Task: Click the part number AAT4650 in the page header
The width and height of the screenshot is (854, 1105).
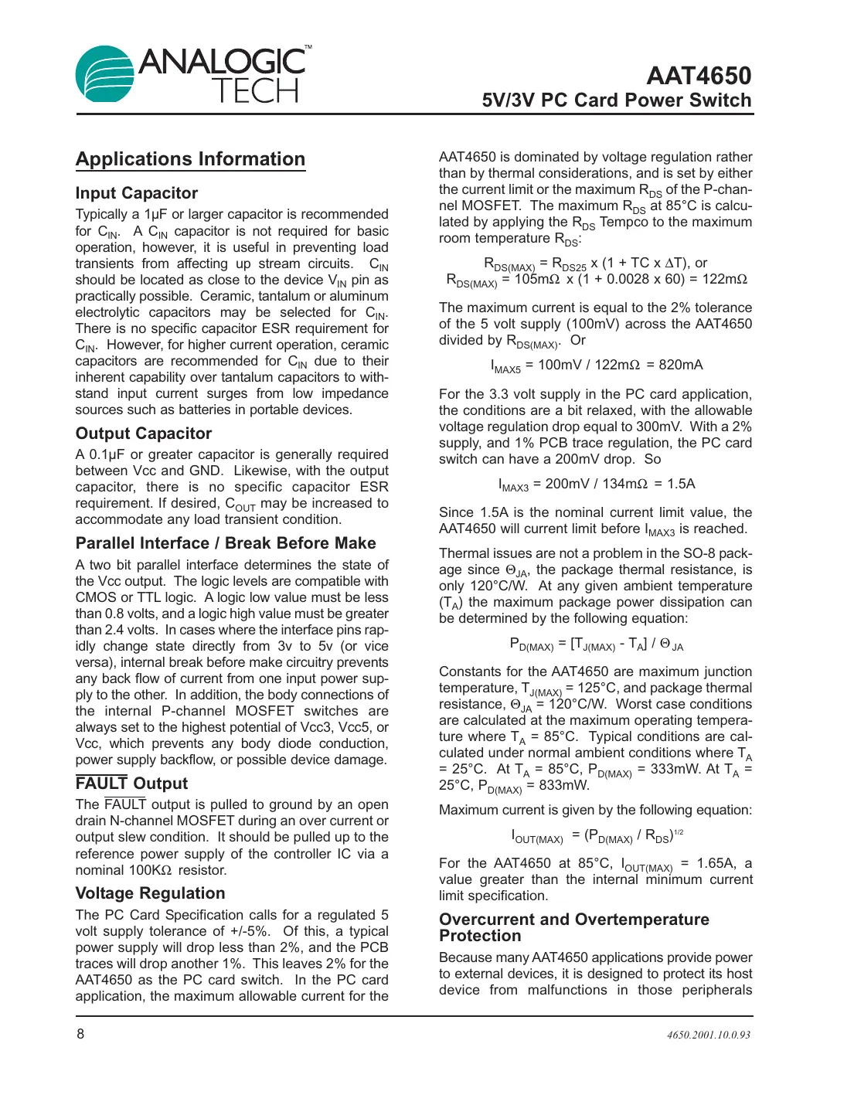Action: pyautogui.click(x=698, y=76)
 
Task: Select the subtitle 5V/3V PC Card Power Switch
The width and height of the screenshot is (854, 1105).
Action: pyautogui.click(x=616, y=100)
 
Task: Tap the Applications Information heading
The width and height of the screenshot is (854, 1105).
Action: pyautogui.click(x=190, y=159)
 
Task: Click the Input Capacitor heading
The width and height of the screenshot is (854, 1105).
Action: pyautogui.click(x=137, y=193)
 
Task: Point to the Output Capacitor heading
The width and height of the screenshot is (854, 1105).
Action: pyautogui.click(x=144, y=433)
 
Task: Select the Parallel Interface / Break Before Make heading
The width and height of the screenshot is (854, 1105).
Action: pyautogui.click(x=226, y=543)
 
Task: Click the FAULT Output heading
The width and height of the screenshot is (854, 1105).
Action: pyautogui.click(x=131, y=784)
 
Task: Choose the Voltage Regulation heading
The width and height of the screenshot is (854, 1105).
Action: pyautogui.click(x=151, y=893)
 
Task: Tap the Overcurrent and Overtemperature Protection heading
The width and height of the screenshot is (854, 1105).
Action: pyautogui.click(x=573, y=927)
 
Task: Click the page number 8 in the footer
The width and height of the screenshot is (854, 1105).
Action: pyautogui.click(x=80, y=1034)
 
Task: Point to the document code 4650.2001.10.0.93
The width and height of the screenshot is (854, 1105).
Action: pyautogui.click(x=708, y=1035)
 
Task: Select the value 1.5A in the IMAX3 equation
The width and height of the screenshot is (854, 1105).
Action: pyautogui.click(x=680, y=484)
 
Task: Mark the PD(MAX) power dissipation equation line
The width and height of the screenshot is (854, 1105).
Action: pyautogui.click(x=596, y=644)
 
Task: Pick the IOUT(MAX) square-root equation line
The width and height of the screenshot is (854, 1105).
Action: pyautogui.click(x=596, y=836)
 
